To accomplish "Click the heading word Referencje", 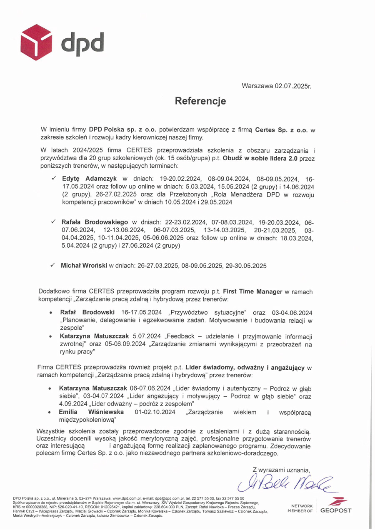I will click(200, 101).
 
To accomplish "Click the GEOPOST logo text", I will click(336, 510).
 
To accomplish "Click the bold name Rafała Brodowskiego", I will click(95, 223).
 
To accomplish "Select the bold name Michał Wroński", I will click(84, 265).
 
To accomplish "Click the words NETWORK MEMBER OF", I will click(302, 508).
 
